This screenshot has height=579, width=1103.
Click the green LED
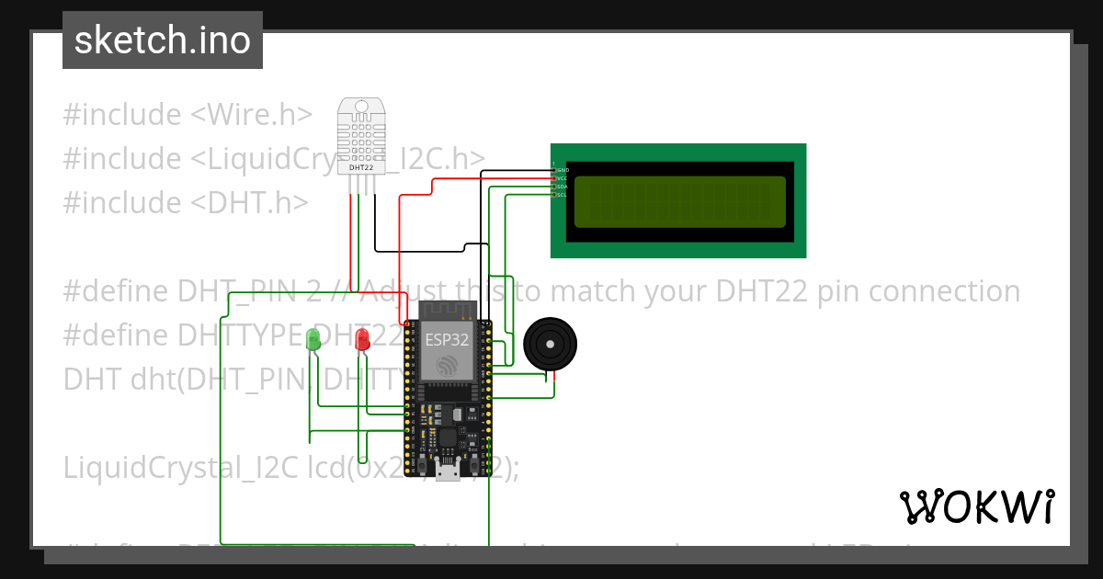click(x=313, y=338)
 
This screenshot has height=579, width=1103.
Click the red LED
click(x=362, y=339)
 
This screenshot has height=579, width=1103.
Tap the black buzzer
click(x=550, y=346)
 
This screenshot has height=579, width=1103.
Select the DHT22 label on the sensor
click(x=361, y=168)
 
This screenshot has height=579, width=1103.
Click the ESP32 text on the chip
click(x=448, y=339)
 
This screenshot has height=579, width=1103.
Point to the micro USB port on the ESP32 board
click(x=449, y=473)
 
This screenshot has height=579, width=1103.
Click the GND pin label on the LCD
click(x=563, y=170)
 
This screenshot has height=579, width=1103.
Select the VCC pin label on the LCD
click(x=563, y=178)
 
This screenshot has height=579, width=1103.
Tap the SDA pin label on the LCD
click(x=563, y=187)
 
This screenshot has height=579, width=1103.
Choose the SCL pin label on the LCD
click(x=563, y=195)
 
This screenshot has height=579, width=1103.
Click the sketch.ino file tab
click(x=163, y=40)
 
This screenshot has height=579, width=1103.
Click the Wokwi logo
click(x=976, y=506)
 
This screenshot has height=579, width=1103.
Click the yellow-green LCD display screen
click(x=679, y=201)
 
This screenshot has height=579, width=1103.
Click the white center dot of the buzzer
click(x=550, y=345)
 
